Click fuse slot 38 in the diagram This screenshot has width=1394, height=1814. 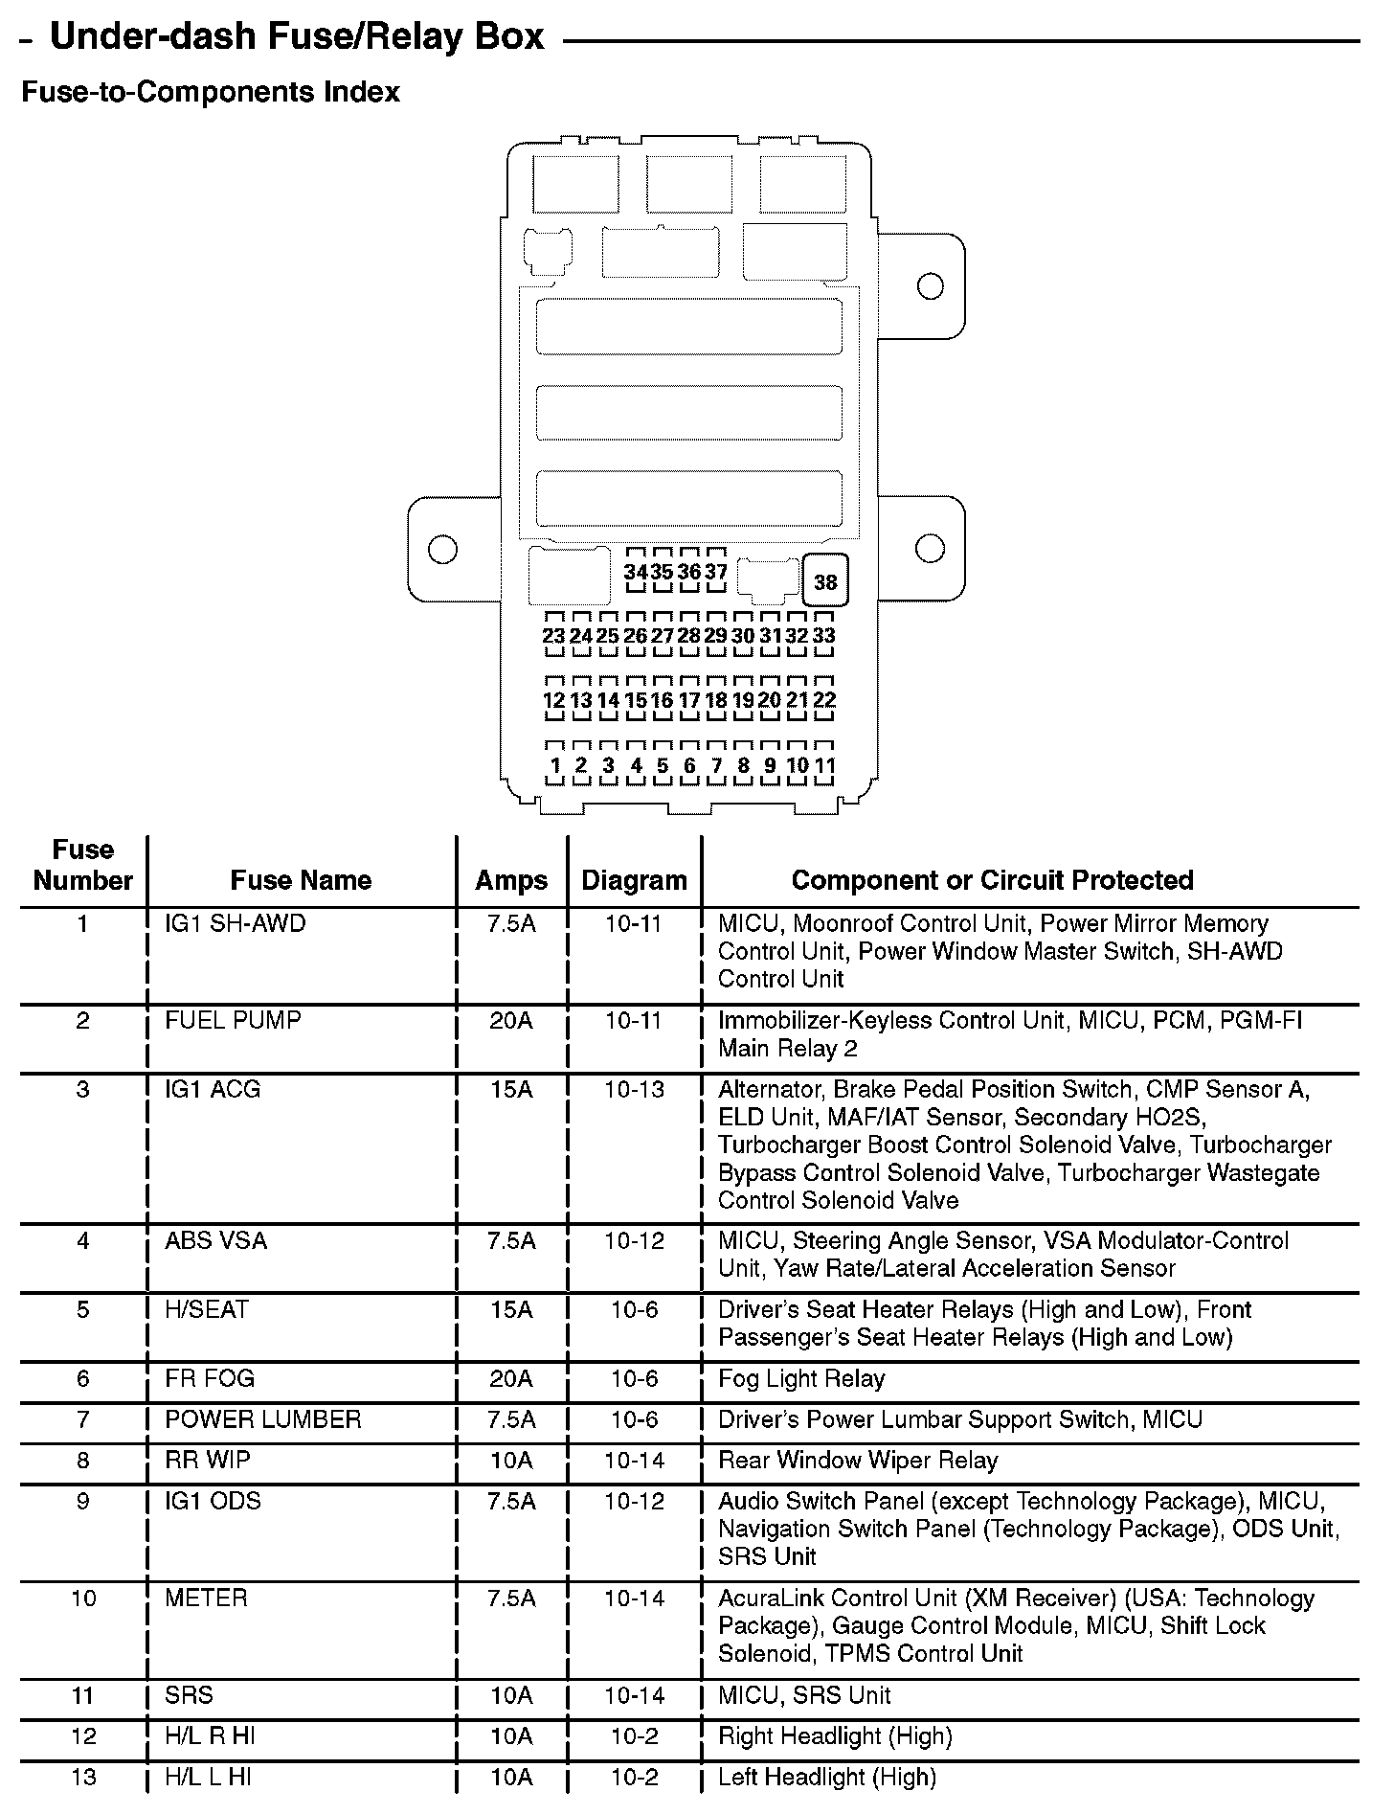[x=825, y=580]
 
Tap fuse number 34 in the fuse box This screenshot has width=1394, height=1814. [x=636, y=572]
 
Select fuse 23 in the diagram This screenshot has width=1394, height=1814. [x=553, y=636]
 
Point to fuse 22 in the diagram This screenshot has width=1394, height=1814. [x=824, y=700]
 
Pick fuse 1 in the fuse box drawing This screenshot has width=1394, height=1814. [x=554, y=765]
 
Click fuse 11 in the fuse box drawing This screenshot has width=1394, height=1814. [x=824, y=765]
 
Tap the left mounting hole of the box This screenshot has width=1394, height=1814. [x=441, y=549]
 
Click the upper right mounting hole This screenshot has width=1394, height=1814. [x=930, y=285]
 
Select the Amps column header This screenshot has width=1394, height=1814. [x=511, y=880]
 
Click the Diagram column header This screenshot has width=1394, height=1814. [x=634, y=880]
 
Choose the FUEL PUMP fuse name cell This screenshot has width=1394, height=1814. [x=233, y=1020]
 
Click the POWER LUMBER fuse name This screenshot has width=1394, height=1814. [x=263, y=1419]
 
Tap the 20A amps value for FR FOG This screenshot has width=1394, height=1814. [x=511, y=1378]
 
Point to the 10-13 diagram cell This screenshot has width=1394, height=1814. [x=634, y=1089]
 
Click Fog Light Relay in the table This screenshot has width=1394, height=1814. [x=801, y=1378]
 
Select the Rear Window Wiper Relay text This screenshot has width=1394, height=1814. [x=858, y=1461]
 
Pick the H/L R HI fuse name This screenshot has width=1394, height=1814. [x=210, y=1735]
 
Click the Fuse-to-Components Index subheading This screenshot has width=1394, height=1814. [x=211, y=93]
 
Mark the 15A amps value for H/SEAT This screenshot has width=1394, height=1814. [x=511, y=1309]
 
